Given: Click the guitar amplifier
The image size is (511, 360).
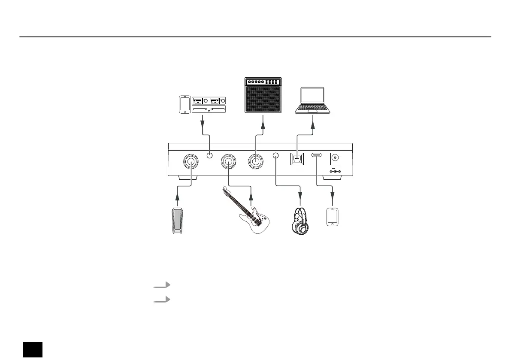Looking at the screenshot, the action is [x=263, y=95].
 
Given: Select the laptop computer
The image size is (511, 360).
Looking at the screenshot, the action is [x=313, y=101].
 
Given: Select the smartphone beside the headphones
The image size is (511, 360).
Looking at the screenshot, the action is [x=333, y=217].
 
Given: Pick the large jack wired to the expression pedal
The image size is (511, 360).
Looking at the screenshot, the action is [x=191, y=162].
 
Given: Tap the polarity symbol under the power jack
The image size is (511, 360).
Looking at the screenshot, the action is [x=334, y=172].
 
